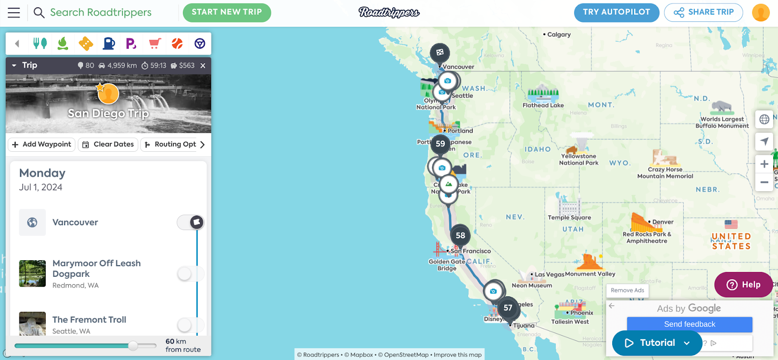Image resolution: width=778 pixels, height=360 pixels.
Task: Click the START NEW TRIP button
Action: [227, 12]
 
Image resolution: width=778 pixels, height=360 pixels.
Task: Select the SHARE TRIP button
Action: [703, 12]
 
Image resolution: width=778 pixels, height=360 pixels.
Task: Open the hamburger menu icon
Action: [14, 13]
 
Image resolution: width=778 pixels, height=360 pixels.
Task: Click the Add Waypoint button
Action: [42, 144]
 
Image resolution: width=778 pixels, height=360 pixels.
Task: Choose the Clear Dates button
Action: [108, 144]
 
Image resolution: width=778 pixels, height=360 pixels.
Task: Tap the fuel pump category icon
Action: [109, 44]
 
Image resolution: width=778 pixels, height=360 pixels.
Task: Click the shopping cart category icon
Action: [155, 44]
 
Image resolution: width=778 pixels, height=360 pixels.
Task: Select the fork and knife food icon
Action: [40, 44]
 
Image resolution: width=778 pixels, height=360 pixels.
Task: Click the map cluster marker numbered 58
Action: [460, 235]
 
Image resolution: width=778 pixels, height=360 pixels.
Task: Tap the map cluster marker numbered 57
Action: [508, 308]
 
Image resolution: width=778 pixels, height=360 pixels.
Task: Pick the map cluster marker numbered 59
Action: [441, 144]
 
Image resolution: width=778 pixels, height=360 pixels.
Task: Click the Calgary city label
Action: [559, 35]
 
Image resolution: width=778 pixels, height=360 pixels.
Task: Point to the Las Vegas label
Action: [549, 274]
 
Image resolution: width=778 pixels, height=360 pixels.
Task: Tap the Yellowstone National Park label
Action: [579, 160]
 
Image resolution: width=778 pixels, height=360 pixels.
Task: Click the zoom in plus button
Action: [764, 164]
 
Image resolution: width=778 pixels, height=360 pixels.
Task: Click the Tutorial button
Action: [657, 343]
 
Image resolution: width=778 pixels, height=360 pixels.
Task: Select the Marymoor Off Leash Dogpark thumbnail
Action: [33, 273]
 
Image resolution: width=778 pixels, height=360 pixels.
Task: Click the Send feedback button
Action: [690, 324]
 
